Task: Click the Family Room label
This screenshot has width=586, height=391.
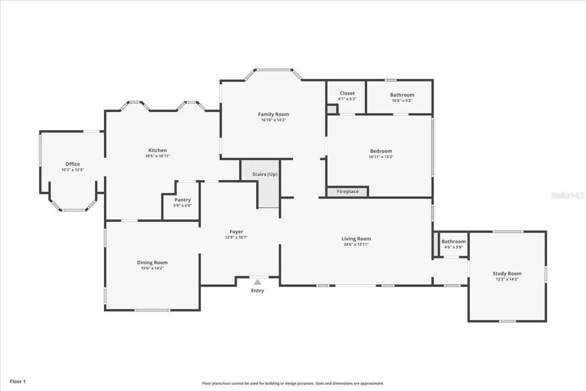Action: [x=273, y=114]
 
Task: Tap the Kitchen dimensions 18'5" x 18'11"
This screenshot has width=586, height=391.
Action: [x=157, y=156]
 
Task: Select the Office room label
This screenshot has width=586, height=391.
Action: [x=72, y=164]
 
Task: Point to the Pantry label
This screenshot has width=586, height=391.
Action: [x=183, y=200]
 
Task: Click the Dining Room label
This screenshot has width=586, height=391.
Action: [x=152, y=262]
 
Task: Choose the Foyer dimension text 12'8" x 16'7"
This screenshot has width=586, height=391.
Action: [x=236, y=237]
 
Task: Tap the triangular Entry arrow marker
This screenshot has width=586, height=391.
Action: [x=257, y=282]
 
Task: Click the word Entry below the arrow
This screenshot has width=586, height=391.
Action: [x=257, y=291]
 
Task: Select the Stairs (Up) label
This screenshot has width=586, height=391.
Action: [x=265, y=174]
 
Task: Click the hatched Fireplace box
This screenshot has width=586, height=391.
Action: [x=347, y=191]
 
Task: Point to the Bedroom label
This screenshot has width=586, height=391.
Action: [x=381, y=151]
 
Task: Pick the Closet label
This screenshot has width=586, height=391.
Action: [x=347, y=93]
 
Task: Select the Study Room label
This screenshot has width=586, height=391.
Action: [x=507, y=274]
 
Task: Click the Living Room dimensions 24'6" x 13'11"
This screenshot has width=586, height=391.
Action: [x=356, y=244]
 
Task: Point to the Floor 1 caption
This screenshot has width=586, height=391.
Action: [x=18, y=381]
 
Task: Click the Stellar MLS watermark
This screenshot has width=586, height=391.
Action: [x=567, y=195]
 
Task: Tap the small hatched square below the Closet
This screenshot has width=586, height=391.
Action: [x=331, y=109]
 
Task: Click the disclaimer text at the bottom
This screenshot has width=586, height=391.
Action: [x=293, y=384]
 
